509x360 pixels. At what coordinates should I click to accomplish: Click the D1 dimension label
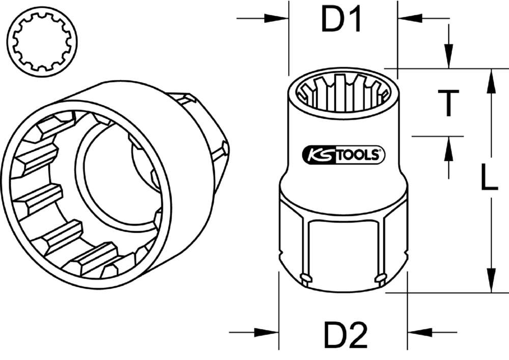pyautogui.click(x=341, y=20)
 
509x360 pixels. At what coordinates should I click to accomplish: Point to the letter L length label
pyautogui.click(x=489, y=180)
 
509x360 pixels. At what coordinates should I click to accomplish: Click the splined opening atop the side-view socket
pyautogui.click(x=344, y=92)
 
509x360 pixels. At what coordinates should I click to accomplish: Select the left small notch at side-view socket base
pyautogui.click(x=305, y=278)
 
